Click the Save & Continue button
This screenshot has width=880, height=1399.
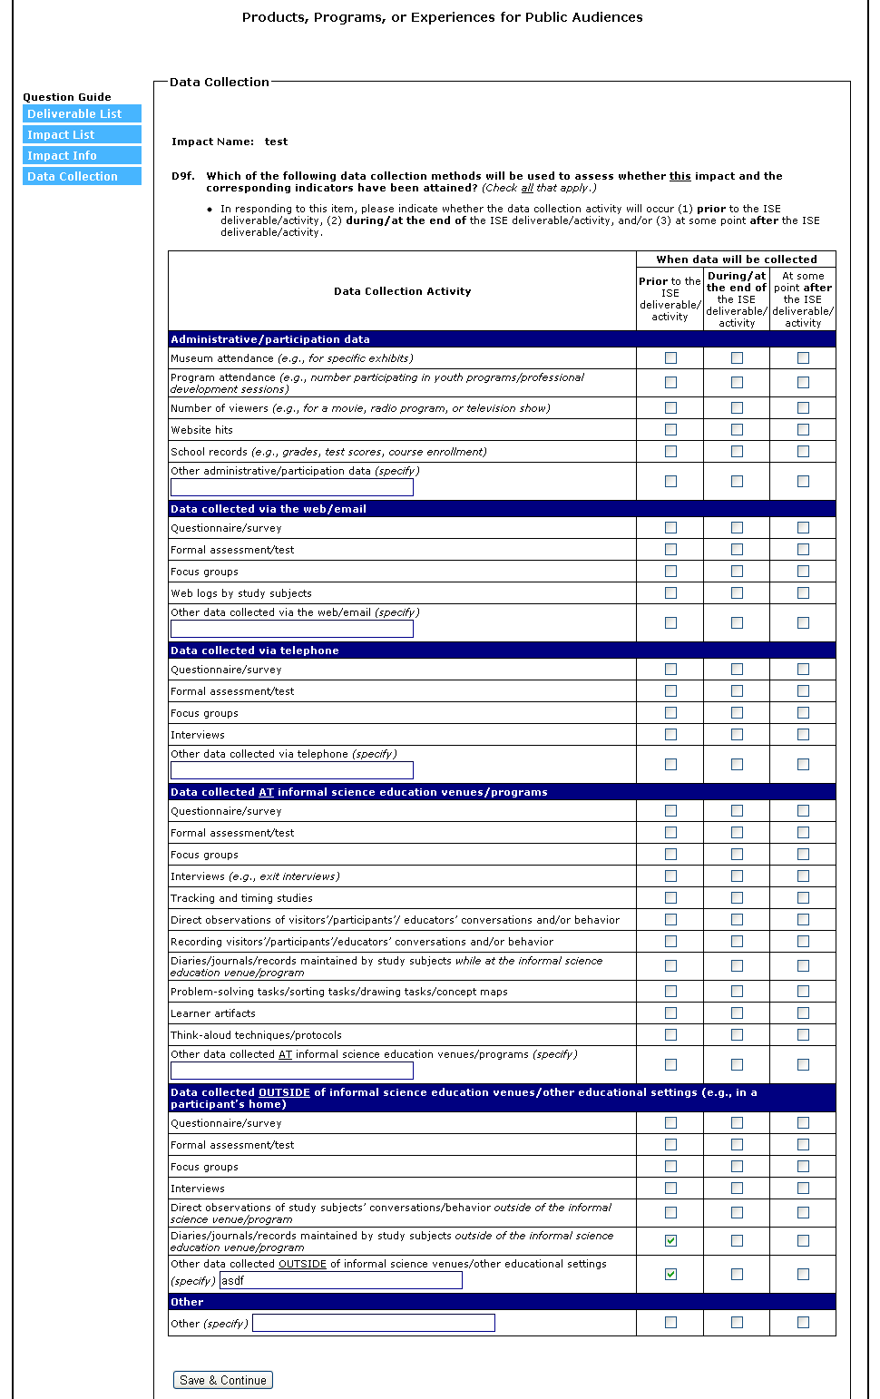[x=223, y=1380]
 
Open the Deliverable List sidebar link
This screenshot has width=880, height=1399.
[x=82, y=113]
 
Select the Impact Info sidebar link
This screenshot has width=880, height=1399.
[x=82, y=155]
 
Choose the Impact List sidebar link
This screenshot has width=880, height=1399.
[x=82, y=134]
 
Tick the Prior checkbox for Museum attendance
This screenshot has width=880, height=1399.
[x=670, y=358]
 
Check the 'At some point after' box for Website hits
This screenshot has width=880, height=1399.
[x=803, y=430]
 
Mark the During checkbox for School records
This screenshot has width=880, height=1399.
[x=737, y=452]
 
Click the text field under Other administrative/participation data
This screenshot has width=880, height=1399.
[x=292, y=487]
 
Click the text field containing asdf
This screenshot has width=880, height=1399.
[x=341, y=1280]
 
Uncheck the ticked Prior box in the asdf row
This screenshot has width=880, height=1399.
[x=670, y=1274]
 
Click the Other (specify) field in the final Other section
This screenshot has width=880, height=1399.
[x=374, y=1323]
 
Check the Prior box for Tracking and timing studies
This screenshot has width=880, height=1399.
[x=670, y=898]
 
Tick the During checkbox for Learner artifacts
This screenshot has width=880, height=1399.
[x=737, y=1013]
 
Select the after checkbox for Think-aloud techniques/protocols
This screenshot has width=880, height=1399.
[x=803, y=1035]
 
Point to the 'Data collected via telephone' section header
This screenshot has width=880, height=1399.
[x=255, y=651]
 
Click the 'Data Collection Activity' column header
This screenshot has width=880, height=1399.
[x=402, y=291]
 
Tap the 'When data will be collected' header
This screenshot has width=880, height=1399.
[x=737, y=259]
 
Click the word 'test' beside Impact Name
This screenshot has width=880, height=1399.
[x=276, y=142]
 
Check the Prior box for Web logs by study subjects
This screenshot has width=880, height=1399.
[x=670, y=593]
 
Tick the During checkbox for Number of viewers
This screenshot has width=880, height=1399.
[x=737, y=408]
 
